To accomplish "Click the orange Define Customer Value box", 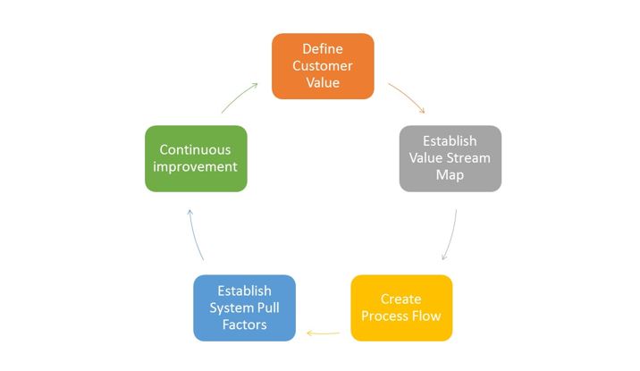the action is (x=323, y=66).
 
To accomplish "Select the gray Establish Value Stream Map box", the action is (x=451, y=158).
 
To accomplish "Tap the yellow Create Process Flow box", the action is (x=401, y=308).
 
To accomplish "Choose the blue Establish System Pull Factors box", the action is (x=245, y=308).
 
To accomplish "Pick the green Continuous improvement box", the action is (x=196, y=158).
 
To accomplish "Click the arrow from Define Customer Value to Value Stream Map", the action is (x=408, y=97).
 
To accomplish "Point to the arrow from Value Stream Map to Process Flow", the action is (x=451, y=235).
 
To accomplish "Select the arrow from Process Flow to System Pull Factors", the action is (x=323, y=333).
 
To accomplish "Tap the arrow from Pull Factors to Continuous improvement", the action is (x=195, y=235).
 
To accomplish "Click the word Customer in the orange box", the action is (x=323, y=66).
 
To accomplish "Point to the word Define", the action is (x=323, y=49).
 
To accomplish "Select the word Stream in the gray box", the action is (x=467, y=158).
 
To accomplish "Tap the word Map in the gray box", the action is (x=450, y=175).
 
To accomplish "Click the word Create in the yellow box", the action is (x=400, y=299).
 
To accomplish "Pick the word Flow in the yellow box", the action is (x=426, y=316).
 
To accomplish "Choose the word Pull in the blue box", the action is (x=268, y=308).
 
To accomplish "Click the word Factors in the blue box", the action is (x=245, y=325).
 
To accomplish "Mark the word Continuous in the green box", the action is (x=195, y=150).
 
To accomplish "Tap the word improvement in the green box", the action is (x=195, y=167).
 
